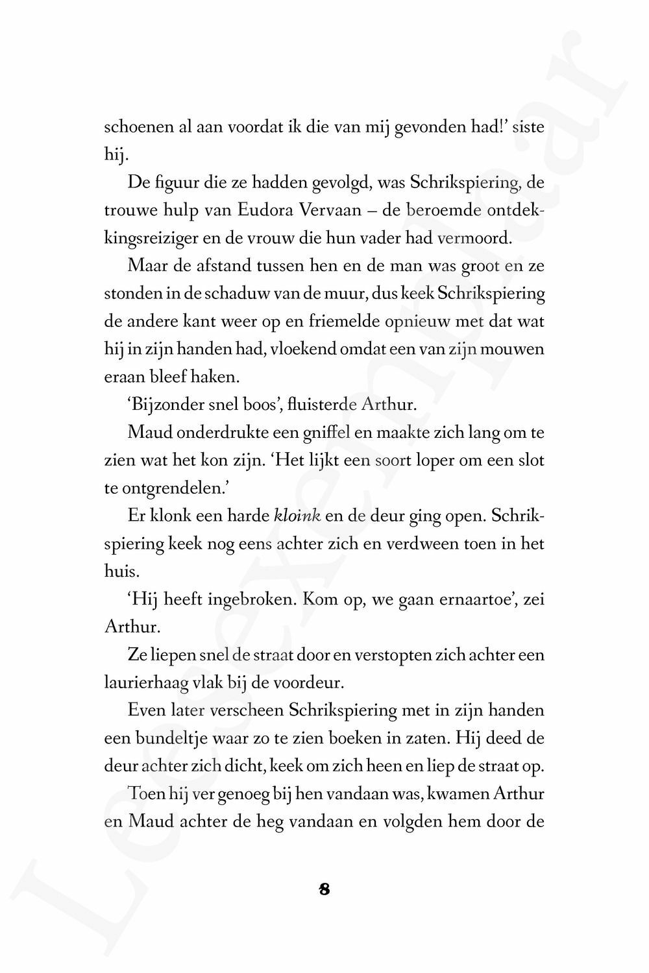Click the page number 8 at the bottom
[x=324, y=889]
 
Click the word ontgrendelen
[x=170, y=488]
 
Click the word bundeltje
[x=159, y=738]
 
